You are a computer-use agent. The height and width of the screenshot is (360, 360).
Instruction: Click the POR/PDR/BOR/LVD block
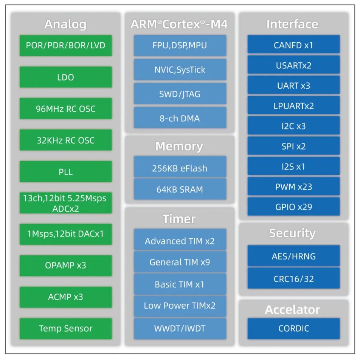[x=65, y=46]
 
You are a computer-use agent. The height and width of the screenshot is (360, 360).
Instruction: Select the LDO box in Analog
[x=65, y=77]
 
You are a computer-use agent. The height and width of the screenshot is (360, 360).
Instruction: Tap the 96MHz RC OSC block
[x=65, y=109]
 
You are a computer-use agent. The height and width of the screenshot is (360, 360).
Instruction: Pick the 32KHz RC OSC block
[x=65, y=140]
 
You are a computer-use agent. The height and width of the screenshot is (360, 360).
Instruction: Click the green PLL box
[x=65, y=172]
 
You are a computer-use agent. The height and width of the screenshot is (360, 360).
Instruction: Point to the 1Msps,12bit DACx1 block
[x=65, y=234]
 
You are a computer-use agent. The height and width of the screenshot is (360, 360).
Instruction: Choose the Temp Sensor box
[x=65, y=328]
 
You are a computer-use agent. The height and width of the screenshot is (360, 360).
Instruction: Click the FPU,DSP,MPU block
[x=180, y=46]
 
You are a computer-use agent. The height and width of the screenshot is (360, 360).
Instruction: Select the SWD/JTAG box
[x=180, y=94]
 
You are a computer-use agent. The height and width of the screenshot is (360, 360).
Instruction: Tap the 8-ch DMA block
[x=180, y=118]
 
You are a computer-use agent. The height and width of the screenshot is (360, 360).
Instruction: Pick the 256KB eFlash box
[x=180, y=168]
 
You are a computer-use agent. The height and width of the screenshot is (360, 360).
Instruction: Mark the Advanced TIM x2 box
[x=180, y=241]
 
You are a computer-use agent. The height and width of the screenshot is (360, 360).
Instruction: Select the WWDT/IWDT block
[x=180, y=328]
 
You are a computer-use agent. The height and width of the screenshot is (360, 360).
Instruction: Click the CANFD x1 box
[x=293, y=46]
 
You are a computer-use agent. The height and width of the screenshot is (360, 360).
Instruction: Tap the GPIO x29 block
[x=293, y=207]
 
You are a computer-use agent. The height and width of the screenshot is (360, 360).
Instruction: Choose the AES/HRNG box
[x=293, y=256]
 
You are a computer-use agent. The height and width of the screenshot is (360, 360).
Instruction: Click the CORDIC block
[x=293, y=328]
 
